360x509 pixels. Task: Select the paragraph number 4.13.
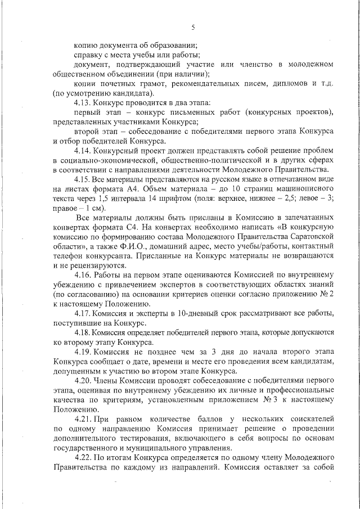tap(83, 103)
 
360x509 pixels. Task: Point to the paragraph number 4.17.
tap(83, 313)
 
